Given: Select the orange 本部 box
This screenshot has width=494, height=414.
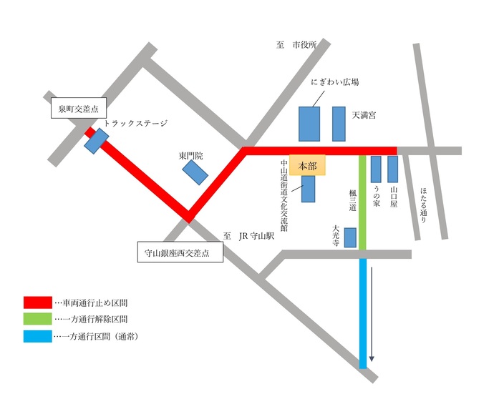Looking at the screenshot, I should tap(307, 165).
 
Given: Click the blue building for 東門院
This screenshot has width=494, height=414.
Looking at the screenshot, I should tap(194, 172).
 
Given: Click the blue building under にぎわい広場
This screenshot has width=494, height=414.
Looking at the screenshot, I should tap(309, 124).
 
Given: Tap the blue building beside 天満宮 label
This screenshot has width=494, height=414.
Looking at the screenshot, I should tap(339, 124).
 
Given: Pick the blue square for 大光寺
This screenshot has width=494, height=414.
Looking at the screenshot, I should tap(350, 237).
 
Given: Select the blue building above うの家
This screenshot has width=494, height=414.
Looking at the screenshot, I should tap(376, 169).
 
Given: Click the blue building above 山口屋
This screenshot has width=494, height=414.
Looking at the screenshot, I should tap(392, 169).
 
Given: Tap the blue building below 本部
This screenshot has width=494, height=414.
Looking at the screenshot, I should tap(309, 189).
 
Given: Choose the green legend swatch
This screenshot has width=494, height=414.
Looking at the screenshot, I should tap(37, 319).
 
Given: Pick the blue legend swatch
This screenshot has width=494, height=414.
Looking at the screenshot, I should tap(37, 336).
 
